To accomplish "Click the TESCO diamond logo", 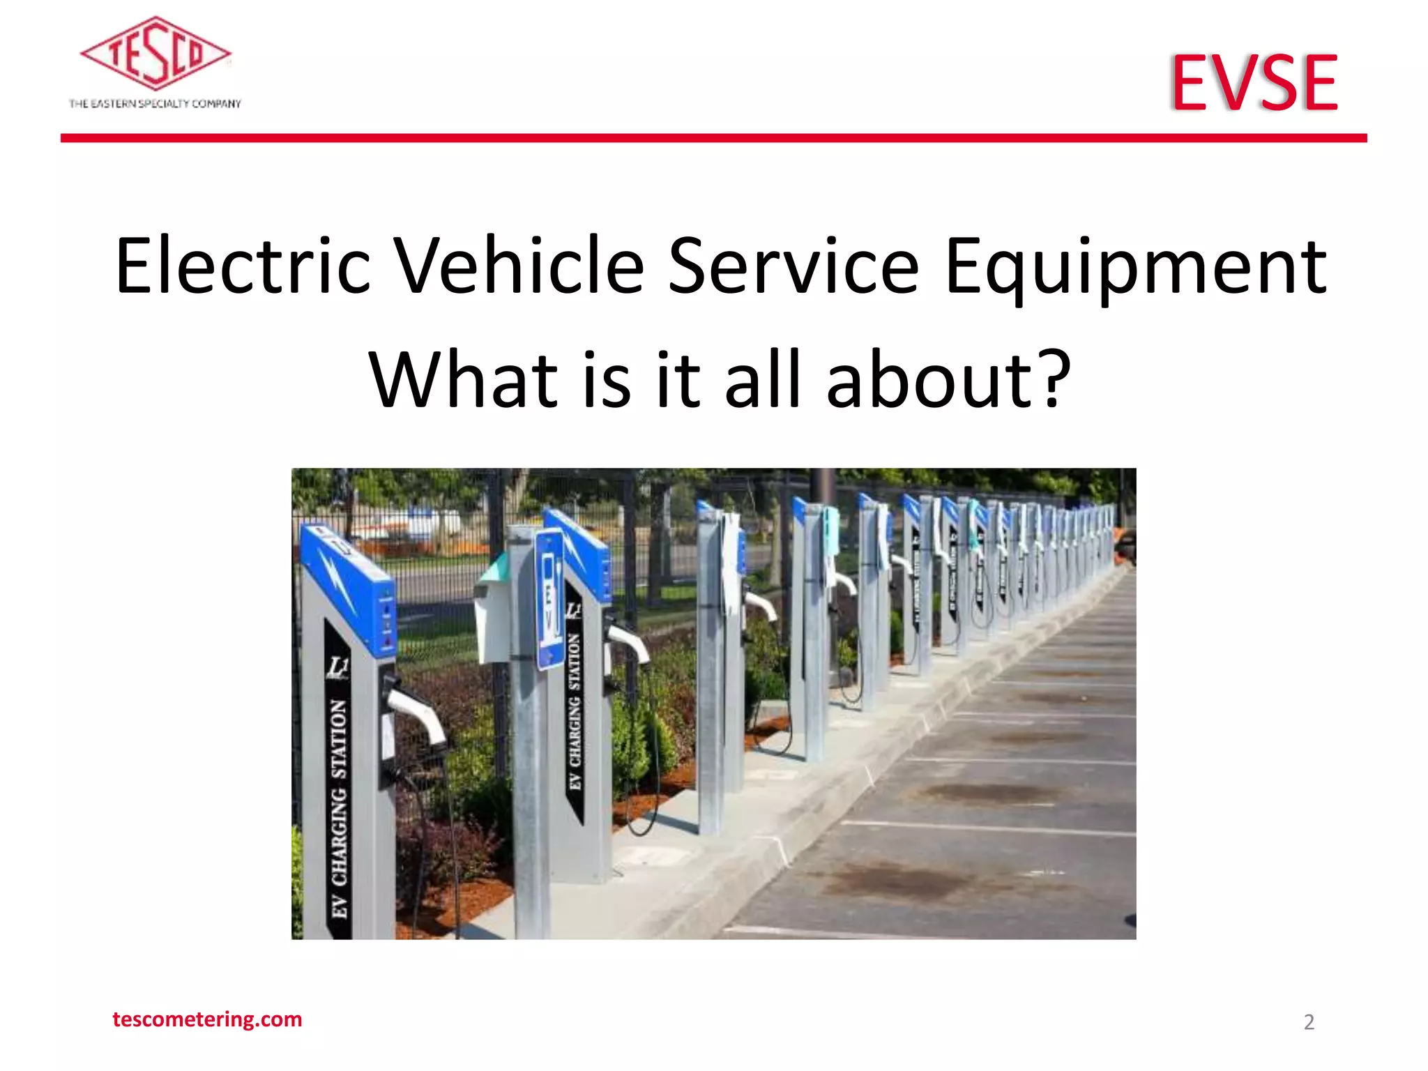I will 155,54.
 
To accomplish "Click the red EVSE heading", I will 1254,83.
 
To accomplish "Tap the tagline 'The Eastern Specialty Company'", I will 155,104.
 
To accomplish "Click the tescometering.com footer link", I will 207,1019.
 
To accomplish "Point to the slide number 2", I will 1309,1022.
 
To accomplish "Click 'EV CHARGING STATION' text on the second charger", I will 575,711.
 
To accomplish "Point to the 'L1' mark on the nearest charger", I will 338,667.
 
